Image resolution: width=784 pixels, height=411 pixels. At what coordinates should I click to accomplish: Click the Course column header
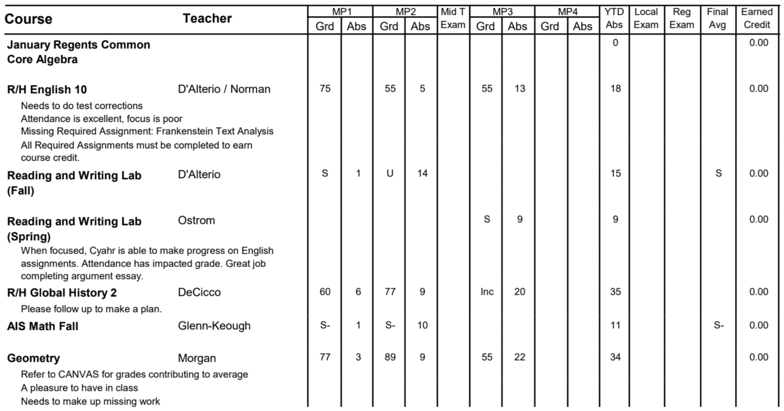click(x=28, y=19)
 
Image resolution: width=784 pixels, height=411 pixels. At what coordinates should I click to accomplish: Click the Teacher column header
click(x=207, y=19)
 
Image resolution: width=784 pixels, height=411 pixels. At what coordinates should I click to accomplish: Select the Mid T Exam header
click(x=453, y=19)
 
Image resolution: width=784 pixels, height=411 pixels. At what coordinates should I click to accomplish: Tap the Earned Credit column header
click(x=757, y=19)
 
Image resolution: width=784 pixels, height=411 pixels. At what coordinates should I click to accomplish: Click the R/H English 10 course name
click(x=47, y=90)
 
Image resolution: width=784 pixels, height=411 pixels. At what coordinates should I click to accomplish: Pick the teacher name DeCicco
click(x=199, y=292)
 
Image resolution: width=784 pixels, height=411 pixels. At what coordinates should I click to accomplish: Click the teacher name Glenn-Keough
click(x=214, y=326)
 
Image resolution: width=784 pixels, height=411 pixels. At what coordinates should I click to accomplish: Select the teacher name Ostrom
click(x=196, y=220)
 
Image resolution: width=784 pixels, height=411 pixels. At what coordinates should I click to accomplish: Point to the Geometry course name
click(x=33, y=358)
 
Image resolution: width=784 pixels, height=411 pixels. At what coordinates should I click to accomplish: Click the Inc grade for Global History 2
click(x=487, y=292)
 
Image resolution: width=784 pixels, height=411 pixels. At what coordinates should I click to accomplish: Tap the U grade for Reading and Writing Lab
click(x=390, y=173)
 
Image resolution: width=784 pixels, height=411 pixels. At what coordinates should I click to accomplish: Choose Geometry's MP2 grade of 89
click(x=390, y=357)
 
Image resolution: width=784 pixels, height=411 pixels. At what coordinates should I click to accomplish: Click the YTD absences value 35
click(x=615, y=292)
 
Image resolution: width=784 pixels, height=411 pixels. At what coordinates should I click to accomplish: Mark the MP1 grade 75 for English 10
click(x=325, y=89)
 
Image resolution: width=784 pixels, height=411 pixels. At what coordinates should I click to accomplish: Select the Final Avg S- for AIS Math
click(x=718, y=325)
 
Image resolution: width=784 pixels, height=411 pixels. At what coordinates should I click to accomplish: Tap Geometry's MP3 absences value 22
click(x=519, y=357)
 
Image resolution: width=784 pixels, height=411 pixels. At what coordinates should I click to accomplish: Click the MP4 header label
click(x=567, y=12)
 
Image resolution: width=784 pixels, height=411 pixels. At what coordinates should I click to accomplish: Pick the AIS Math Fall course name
click(x=43, y=326)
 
